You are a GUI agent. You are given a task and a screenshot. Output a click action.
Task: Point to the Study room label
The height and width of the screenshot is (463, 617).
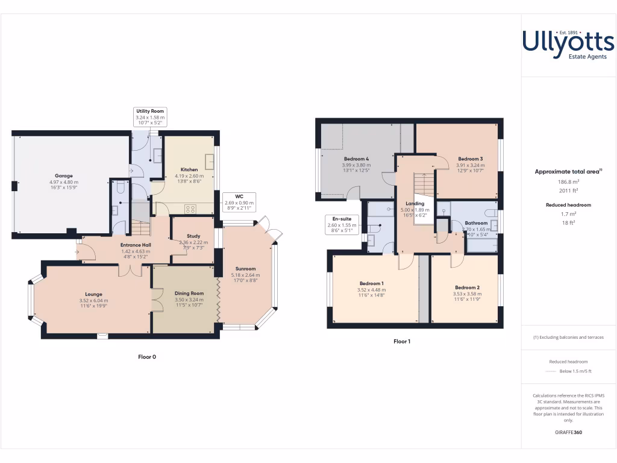pos(193,236)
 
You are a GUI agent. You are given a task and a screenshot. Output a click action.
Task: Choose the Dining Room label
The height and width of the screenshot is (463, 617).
pos(190,293)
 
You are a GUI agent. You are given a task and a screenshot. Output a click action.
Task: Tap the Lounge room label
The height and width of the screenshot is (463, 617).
pos(93,295)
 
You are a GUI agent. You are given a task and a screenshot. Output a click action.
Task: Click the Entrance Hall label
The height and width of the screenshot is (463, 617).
pos(136,245)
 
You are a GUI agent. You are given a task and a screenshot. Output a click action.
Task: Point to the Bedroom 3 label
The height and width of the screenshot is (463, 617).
pos(469,159)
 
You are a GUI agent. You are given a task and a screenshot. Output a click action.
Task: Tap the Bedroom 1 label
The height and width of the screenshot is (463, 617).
pos(371,283)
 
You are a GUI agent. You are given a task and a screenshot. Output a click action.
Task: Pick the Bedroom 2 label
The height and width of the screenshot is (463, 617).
pos(467,287)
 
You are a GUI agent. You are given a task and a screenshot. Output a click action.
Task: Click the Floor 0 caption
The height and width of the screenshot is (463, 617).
pos(147,357)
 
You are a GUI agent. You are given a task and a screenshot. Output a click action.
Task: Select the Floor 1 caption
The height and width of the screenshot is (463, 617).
pos(402,341)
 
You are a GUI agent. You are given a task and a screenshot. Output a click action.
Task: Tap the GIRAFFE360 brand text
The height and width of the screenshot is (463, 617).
pos(568,432)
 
